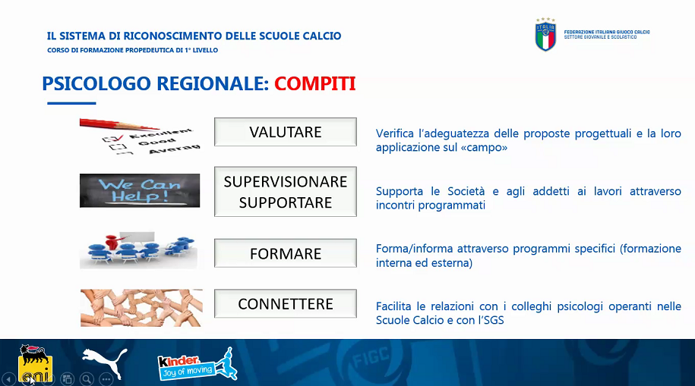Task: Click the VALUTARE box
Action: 286,132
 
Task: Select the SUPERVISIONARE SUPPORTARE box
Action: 286,192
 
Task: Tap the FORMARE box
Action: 286,253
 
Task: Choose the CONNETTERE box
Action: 286,303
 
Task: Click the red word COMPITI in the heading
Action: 314,83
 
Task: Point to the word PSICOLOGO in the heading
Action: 96,83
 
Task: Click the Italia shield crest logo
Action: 545,35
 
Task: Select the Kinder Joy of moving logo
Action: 197,364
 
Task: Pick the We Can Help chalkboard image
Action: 140,191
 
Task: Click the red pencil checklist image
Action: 140,137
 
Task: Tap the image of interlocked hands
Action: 141,308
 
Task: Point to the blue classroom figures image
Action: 138,250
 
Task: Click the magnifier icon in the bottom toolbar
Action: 87,379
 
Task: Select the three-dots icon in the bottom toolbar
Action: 106,379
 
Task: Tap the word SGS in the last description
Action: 494,320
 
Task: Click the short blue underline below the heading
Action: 71,103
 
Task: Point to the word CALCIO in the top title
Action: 322,36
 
